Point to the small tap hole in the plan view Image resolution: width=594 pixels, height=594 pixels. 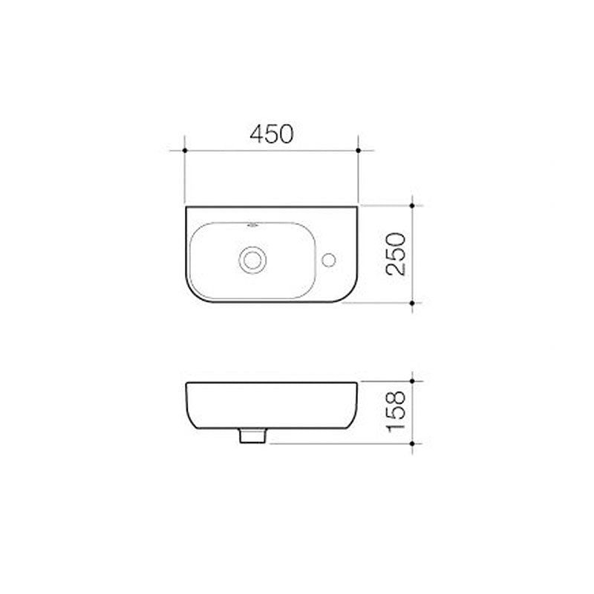click(x=330, y=259)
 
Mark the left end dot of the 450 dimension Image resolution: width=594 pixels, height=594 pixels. click(x=184, y=150)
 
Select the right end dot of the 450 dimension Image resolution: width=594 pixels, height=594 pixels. click(x=359, y=150)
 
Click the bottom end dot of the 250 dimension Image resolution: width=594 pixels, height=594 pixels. click(x=413, y=303)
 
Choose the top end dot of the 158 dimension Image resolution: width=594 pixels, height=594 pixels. click(x=413, y=381)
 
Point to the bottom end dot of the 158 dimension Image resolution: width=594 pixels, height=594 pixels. click(x=413, y=444)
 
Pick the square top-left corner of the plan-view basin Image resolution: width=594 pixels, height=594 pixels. click(x=186, y=207)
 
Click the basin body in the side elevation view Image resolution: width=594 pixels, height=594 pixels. click(x=271, y=405)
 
